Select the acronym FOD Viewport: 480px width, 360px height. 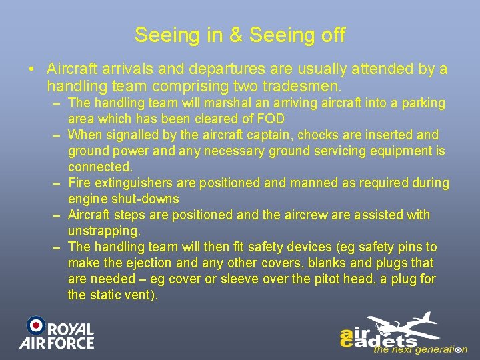[269, 119]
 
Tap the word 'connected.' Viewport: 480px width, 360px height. [101, 167]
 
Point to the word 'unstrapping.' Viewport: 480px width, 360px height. [105, 231]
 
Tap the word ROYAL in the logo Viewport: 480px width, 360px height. [72, 329]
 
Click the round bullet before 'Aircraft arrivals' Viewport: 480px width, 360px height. [31, 69]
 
